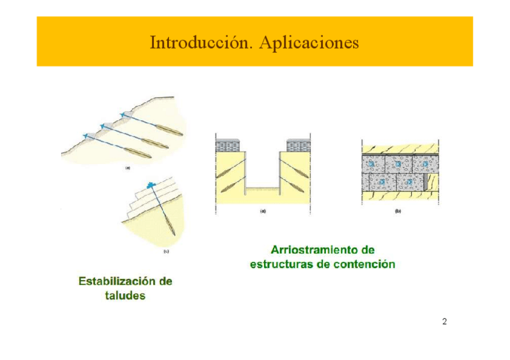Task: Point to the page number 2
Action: [444, 322]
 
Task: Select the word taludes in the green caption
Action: [125, 296]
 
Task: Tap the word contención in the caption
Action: [366, 264]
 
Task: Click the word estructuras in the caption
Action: [280, 264]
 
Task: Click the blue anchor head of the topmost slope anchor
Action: [123, 115]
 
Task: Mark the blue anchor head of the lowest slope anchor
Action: [85, 136]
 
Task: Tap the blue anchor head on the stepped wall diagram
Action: [150, 186]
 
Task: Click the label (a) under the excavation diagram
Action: [262, 212]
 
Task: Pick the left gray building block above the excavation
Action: [229, 145]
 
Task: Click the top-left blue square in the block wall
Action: [371, 163]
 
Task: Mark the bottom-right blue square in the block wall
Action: [410, 182]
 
